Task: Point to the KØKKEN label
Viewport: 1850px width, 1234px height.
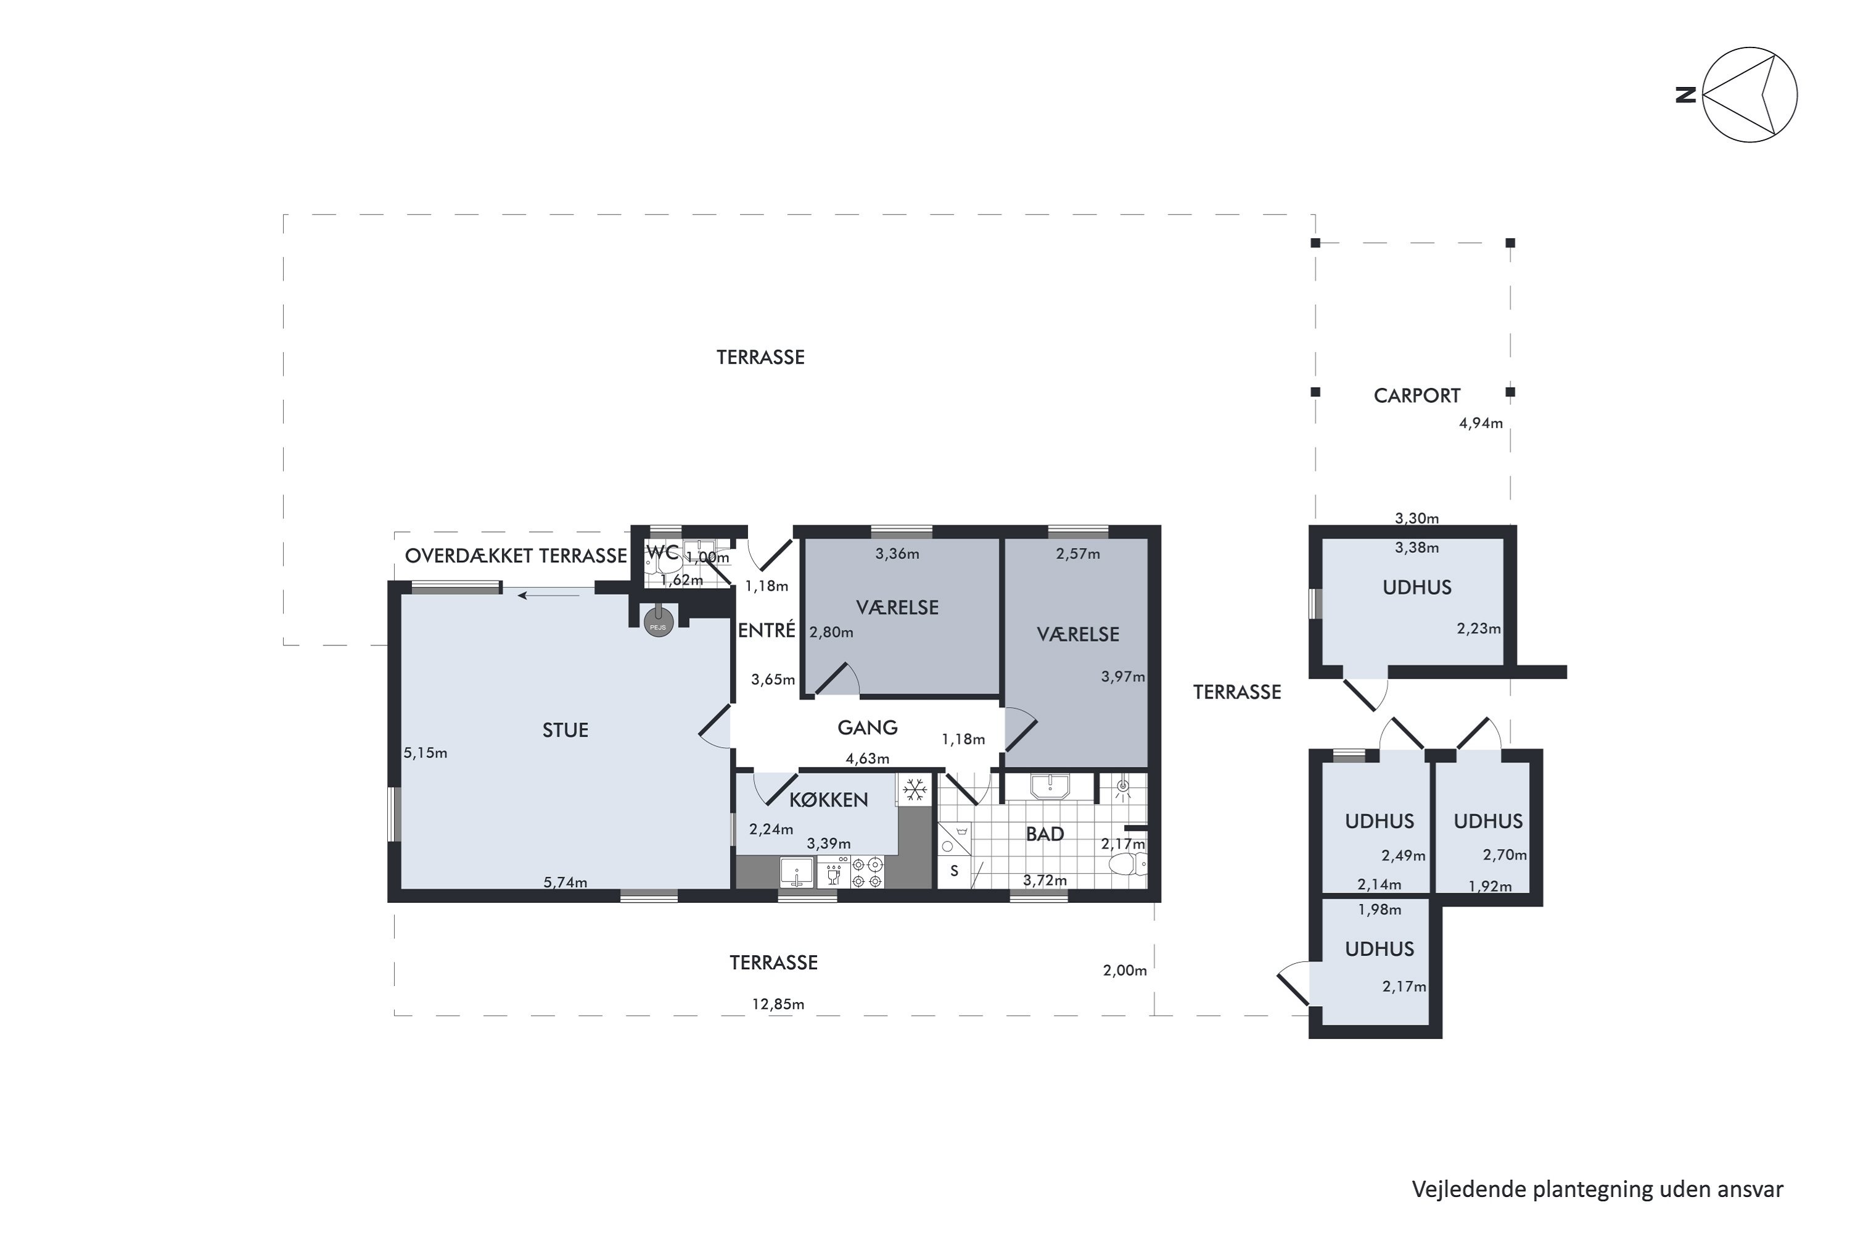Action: click(x=828, y=800)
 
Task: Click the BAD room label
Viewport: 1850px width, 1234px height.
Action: click(x=1045, y=834)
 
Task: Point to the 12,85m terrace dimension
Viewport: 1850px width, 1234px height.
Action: click(x=778, y=1004)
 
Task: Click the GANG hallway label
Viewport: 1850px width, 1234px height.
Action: click(x=868, y=728)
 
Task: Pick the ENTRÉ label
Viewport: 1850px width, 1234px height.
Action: click(x=767, y=629)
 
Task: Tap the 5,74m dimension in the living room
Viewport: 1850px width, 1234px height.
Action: click(x=565, y=882)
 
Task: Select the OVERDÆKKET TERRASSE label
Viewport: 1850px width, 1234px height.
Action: click(x=516, y=556)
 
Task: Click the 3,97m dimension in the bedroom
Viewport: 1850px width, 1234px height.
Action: click(x=1122, y=676)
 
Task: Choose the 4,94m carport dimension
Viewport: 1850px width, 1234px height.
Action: click(x=1481, y=423)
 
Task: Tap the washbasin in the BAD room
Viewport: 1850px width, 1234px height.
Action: click(x=1050, y=786)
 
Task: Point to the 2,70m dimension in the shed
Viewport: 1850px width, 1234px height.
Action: click(x=1505, y=855)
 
